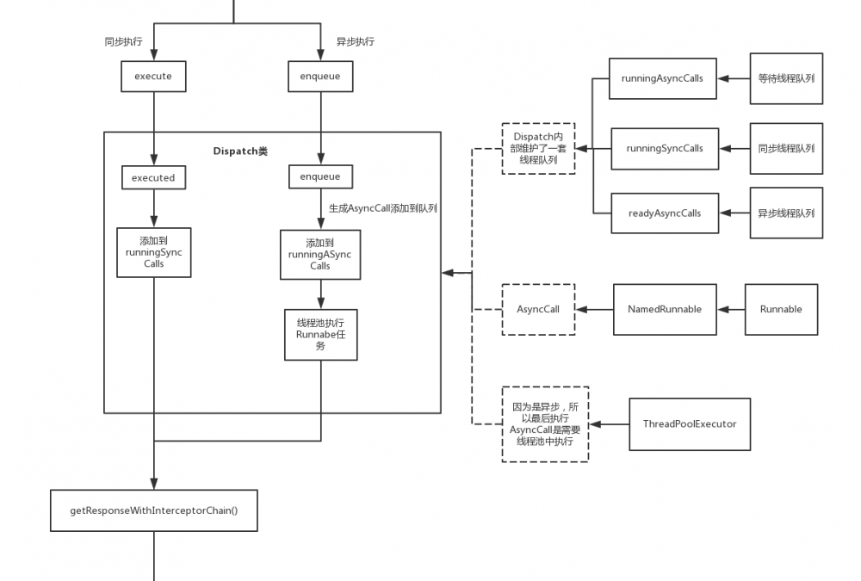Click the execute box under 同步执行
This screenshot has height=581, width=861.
coord(153,77)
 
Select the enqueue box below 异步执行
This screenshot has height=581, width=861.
coord(320,77)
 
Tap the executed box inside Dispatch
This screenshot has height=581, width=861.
coord(153,178)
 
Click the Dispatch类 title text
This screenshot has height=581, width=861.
coord(240,151)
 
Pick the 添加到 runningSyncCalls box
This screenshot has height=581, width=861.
coord(154,252)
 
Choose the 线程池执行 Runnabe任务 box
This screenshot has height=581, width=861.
coord(320,335)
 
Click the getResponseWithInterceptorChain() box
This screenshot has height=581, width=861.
coord(154,511)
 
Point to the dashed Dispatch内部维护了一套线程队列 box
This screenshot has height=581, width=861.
coord(539,148)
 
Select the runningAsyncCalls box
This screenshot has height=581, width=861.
coord(662,79)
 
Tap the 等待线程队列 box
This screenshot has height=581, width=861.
coord(786,78)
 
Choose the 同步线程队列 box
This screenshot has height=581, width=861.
coord(786,148)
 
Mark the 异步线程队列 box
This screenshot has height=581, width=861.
coord(786,213)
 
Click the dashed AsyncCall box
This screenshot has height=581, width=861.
coord(538,309)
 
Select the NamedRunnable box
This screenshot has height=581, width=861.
coord(665,309)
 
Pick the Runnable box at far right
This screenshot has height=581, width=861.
coord(781,309)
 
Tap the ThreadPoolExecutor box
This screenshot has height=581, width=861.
coord(690,423)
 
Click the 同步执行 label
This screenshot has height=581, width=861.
coord(123,41)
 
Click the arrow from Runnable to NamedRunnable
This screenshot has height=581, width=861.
coord(730,309)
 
